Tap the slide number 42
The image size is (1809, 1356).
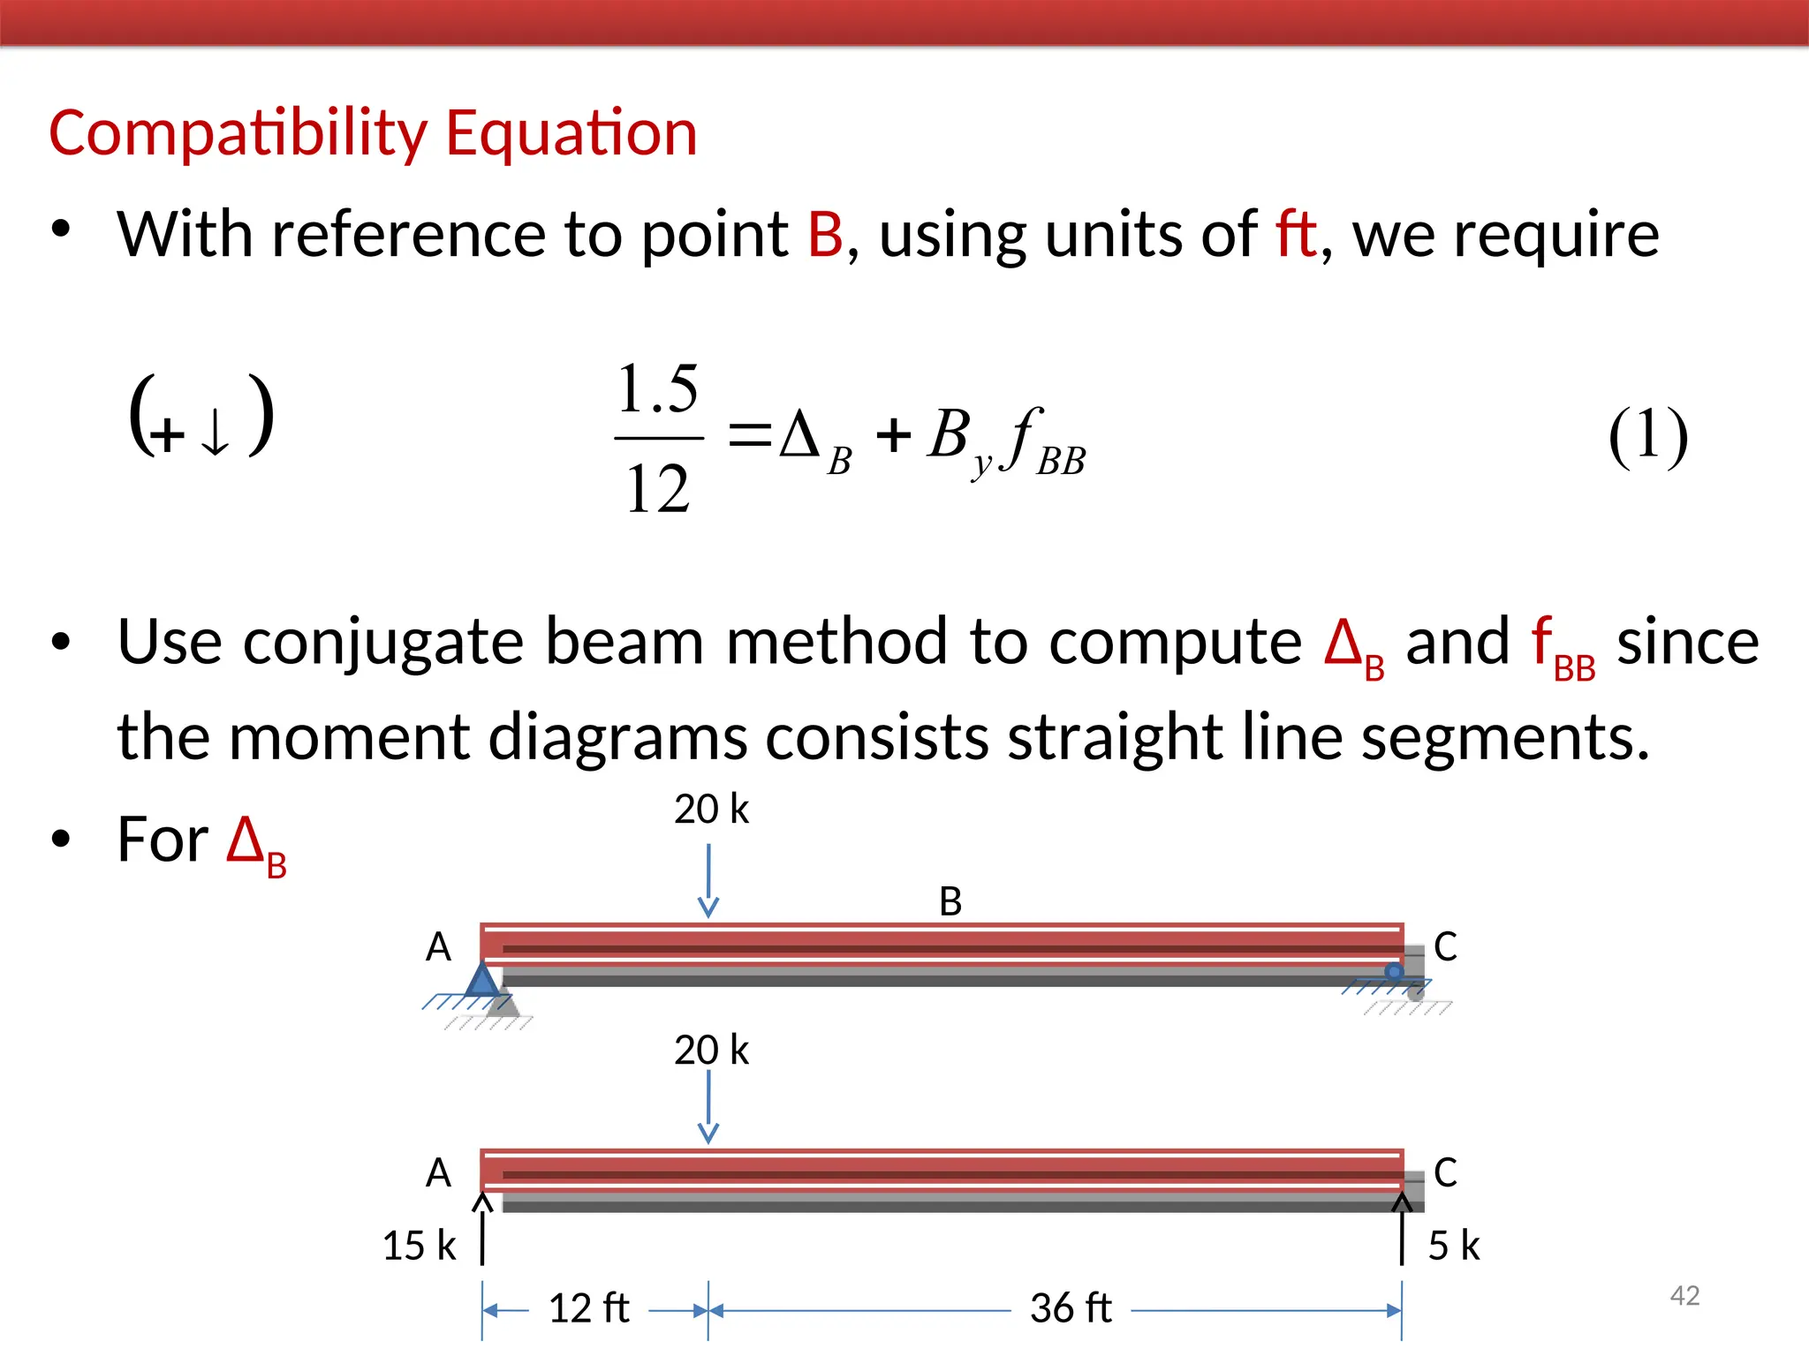coord(1684,1295)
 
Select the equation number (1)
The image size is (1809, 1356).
coord(1647,435)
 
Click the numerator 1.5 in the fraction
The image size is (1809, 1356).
coord(658,389)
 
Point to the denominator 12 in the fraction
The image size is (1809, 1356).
coord(657,488)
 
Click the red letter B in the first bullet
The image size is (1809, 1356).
coord(825,235)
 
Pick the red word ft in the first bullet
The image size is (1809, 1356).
coord(1296,235)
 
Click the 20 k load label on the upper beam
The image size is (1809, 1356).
coord(711,810)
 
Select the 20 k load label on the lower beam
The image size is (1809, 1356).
coord(711,1051)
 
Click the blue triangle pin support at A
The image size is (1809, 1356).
coord(482,981)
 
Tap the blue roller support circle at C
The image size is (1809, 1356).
coord(1394,972)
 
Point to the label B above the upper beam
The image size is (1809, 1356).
coord(950,901)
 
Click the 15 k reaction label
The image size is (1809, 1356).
coord(420,1246)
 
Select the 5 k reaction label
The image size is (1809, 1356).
coord(1453,1246)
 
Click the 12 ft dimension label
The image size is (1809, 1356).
coord(589,1308)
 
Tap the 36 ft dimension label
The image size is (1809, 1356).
coord(1071,1308)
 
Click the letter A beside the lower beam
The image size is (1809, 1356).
coord(438,1173)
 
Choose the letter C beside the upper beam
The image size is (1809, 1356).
coord(1445,946)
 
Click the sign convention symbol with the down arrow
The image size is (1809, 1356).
coord(201,415)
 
